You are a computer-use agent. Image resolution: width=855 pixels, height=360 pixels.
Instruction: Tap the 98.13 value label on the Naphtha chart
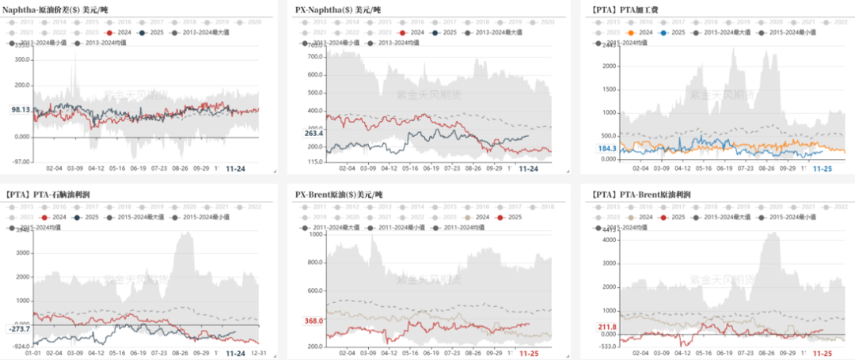tap(20, 110)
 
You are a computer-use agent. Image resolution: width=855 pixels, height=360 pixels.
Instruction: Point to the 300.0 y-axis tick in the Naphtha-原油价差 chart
tap(21, 59)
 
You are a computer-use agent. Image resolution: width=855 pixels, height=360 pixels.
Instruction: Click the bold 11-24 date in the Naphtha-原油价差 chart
tap(236, 169)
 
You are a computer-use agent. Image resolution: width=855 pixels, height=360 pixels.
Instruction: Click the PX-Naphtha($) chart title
tap(339, 9)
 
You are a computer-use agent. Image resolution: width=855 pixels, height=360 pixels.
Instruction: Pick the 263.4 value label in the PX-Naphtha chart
tap(314, 134)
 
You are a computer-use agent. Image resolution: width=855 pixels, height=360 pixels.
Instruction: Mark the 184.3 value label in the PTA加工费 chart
tap(607, 148)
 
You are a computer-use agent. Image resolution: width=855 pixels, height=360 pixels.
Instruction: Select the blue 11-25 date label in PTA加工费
tap(823, 169)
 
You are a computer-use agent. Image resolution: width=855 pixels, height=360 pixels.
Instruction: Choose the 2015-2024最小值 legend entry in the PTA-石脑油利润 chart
tap(209, 217)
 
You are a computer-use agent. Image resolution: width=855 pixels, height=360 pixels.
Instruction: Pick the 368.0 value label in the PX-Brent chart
tap(314, 320)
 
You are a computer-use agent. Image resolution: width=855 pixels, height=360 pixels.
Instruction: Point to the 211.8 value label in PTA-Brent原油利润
tap(607, 328)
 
